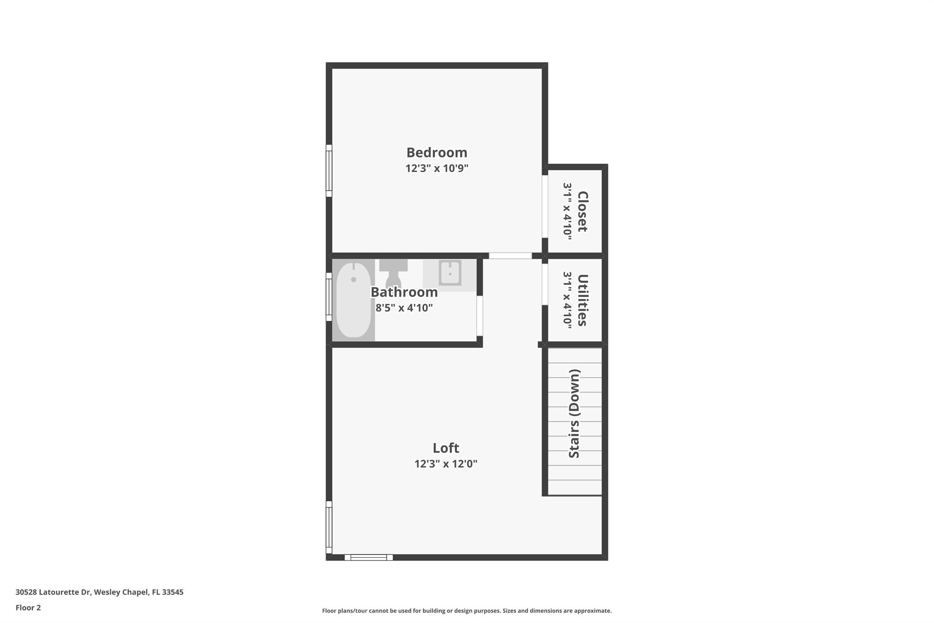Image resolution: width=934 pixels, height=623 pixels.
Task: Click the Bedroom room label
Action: [x=437, y=152]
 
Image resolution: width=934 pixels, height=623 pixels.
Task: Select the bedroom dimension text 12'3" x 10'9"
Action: [x=437, y=168]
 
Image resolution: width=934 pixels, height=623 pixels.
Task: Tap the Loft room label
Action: [x=446, y=448]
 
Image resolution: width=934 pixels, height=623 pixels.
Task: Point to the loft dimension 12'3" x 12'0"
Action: [x=446, y=464]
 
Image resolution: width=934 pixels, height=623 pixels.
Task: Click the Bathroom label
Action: [x=404, y=292]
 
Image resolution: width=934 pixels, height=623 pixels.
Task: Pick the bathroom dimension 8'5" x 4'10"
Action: [x=404, y=308]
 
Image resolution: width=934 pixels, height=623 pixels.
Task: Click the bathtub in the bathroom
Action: [x=353, y=300]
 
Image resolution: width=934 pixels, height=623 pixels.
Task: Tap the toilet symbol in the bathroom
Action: [x=393, y=273]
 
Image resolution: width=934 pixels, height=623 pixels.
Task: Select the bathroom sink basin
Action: [x=450, y=273]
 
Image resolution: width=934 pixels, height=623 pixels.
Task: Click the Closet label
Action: [x=582, y=211]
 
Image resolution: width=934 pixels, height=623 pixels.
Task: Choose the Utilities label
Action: [x=582, y=300]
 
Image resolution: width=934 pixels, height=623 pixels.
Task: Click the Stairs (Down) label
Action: [x=574, y=414]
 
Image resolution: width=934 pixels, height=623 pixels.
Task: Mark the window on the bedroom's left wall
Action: [x=329, y=171]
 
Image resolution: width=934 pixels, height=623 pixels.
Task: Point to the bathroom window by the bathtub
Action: [x=329, y=297]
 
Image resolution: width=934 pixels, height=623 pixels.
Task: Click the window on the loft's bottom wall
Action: [x=368, y=557]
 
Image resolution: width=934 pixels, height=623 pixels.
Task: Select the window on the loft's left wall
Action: [x=329, y=527]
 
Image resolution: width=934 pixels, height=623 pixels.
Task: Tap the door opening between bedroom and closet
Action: [x=545, y=206]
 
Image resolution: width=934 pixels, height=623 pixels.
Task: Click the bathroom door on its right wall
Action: [x=479, y=316]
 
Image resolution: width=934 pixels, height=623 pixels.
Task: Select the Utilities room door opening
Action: [x=545, y=284]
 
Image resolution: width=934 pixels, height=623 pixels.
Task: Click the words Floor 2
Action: [x=28, y=608]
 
